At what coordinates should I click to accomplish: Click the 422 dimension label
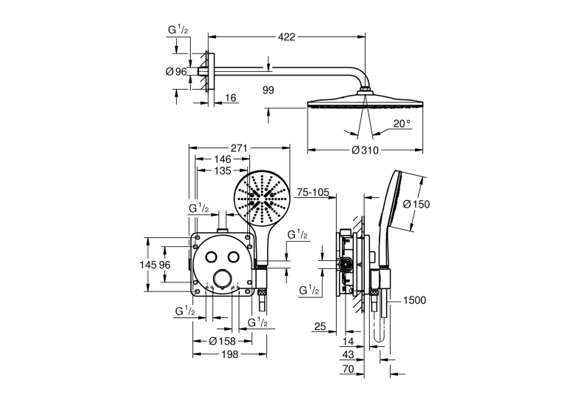[x=286, y=37]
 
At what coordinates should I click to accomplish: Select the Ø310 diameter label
[x=365, y=150]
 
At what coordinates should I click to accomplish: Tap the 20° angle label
[x=402, y=124]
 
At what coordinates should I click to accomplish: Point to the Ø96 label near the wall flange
[x=176, y=72]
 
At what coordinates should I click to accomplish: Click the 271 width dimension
[x=238, y=148]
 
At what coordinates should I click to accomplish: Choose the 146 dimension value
[x=223, y=159]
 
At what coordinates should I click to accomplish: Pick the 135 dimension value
[x=223, y=170]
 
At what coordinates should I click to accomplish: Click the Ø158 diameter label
[x=223, y=341]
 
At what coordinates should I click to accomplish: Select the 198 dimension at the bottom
[x=229, y=354]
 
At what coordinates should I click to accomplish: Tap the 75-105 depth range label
[x=312, y=193]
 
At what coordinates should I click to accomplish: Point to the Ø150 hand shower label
[x=417, y=205]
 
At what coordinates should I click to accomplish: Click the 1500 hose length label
[x=414, y=300]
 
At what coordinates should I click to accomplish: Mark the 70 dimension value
[x=348, y=369]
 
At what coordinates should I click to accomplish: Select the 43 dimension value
[x=348, y=354]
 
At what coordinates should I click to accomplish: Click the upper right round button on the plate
[x=234, y=256]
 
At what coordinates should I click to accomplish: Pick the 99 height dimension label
[x=268, y=90]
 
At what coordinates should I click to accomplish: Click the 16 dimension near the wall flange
[x=230, y=98]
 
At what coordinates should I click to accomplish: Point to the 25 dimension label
[x=320, y=327]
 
